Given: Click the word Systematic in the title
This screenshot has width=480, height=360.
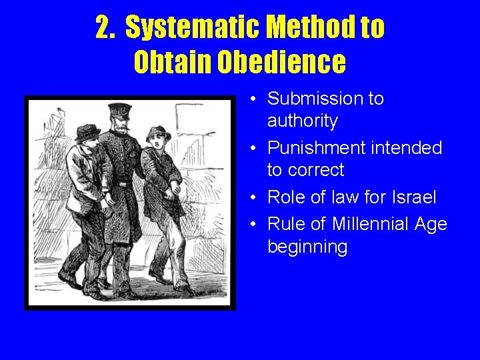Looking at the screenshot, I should click(x=193, y=27).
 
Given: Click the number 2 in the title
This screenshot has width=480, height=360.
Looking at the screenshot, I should click(x=103, y=27).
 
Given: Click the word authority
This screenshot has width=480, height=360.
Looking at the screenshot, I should click(x=302, y=121).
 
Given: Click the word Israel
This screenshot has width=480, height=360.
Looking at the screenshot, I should click(x=413, y=197).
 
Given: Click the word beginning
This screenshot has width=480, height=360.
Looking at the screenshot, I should click(x=307, y=247).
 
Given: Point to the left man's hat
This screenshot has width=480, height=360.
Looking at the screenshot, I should click(x=87, y=131).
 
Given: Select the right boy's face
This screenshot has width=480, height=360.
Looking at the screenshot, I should click(x=157, y=142).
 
